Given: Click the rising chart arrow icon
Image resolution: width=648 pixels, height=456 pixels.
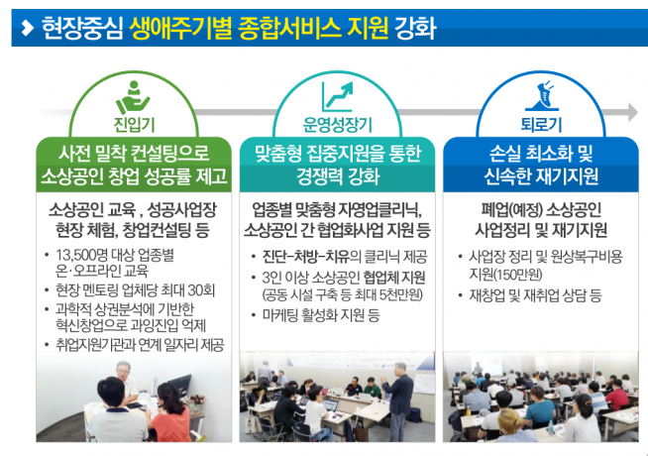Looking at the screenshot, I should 338,96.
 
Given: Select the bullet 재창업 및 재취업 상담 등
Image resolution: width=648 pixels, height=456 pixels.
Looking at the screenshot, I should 536,296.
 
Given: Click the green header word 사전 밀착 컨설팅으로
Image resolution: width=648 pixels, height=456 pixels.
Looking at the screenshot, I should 135,156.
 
